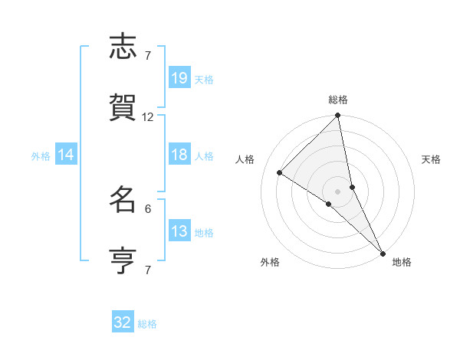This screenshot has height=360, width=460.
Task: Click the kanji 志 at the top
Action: click(123, 47)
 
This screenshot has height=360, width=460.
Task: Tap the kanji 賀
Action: click(123, 108)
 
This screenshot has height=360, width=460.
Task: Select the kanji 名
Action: click(123, 201)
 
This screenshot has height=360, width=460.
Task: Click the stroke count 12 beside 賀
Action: click(148, 117)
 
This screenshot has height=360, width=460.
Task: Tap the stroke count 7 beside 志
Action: click(148, 55)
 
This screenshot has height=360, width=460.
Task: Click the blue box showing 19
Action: click(179, 78)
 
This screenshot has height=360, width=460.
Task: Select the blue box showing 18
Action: click(179, 155)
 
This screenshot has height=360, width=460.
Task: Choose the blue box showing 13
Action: click(179, 231)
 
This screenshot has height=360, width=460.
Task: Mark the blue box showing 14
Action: click(66, 155)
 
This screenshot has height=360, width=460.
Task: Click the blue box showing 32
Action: click(123, 322)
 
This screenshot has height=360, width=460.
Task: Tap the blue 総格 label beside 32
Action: click(147, 324)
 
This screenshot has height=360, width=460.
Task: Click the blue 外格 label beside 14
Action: click(41, 156)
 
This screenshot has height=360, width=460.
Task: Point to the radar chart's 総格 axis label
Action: click(338, 100)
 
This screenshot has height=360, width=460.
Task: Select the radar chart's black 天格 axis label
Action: click(431, 159)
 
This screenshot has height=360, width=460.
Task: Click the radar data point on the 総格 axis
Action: click(338, 116)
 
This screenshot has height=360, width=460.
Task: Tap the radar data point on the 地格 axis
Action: click(382, 252)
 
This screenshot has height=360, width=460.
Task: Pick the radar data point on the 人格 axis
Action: click(280, 172)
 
